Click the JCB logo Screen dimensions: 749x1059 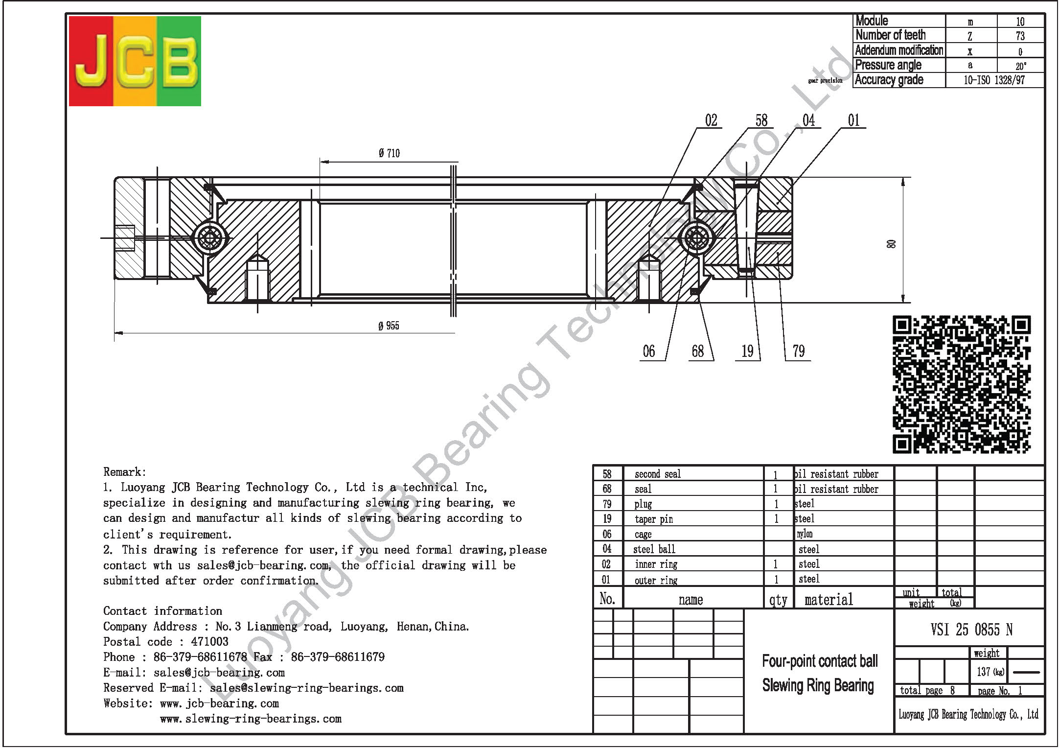coord(135,61)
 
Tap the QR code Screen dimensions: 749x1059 coord(962,384)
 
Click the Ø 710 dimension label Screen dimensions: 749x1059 coord(389,154)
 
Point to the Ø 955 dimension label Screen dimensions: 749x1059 coord(389,326)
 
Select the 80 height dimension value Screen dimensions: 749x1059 coord(891,244)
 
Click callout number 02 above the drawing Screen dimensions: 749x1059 coord(711,120)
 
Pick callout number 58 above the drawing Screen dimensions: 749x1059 coord(761,120)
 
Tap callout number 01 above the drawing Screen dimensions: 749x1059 coord(853,120)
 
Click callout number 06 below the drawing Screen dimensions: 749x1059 coord(649,351)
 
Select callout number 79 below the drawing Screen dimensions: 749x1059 coord(799,351)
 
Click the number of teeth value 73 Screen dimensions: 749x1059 coord(1020,36)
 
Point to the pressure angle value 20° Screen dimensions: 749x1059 coord(1021,66)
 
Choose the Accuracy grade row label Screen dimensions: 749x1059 coord(889,80)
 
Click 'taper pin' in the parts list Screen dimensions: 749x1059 coord(654,519)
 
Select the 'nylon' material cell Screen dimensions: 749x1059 coord(805,534)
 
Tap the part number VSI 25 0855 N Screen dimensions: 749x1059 coord(971,630)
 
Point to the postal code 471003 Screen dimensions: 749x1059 coord(209,642)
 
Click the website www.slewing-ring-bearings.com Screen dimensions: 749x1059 coord(251,719)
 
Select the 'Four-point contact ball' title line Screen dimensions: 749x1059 coord(820,661)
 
